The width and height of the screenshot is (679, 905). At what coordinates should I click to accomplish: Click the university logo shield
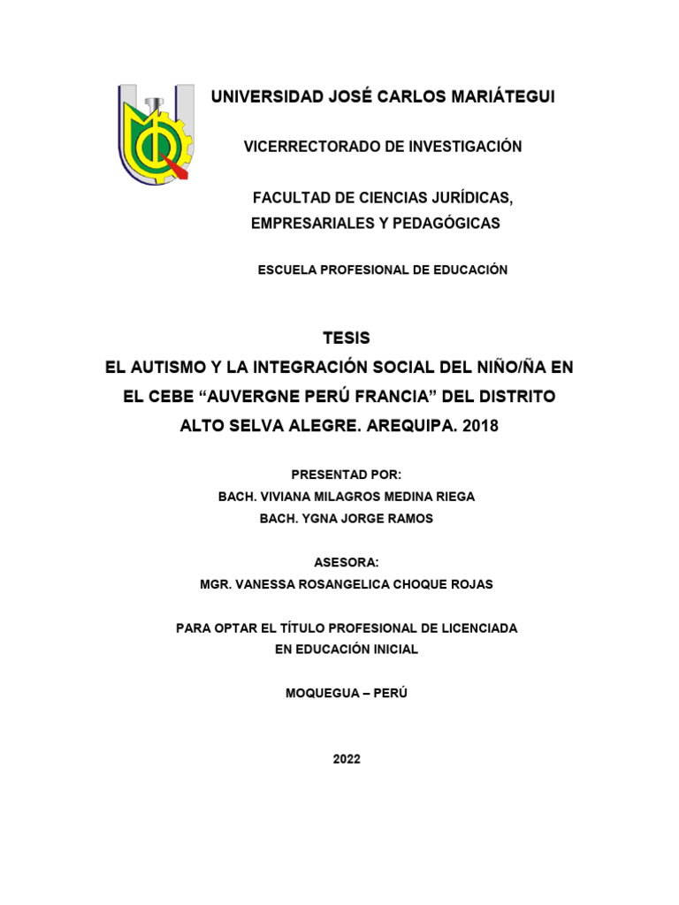[x=156, y=134]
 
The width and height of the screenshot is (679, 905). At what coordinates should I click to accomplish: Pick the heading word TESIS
[x=346, y=338]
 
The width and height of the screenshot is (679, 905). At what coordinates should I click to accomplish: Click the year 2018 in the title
[x=481, y=426]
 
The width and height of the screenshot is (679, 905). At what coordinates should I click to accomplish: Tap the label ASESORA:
[x=347, y=562]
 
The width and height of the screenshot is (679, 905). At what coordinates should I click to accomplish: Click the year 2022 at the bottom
[x=347, y=759]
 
